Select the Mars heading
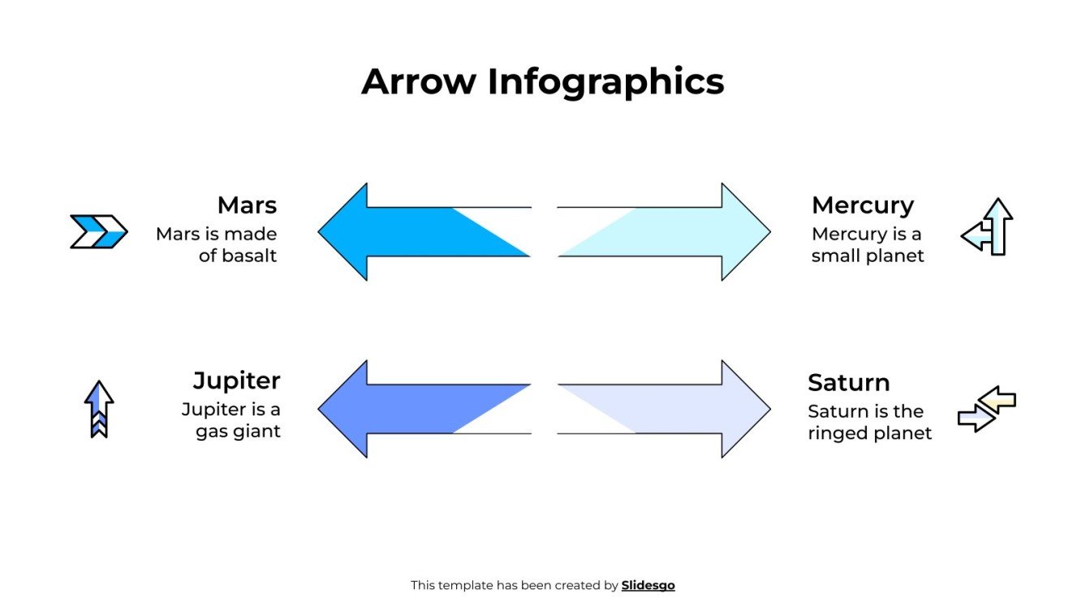click(x=247, y=204)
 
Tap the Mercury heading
click(x=862, y=205)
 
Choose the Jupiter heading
click(x=236, y=381)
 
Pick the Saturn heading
click(x=848, y=382)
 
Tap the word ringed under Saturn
click(x=836, y=433)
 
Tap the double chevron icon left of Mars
click(x=98, y=231)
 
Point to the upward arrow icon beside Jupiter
click(x=99, y=408)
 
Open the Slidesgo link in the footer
click(x=648, y=585)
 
